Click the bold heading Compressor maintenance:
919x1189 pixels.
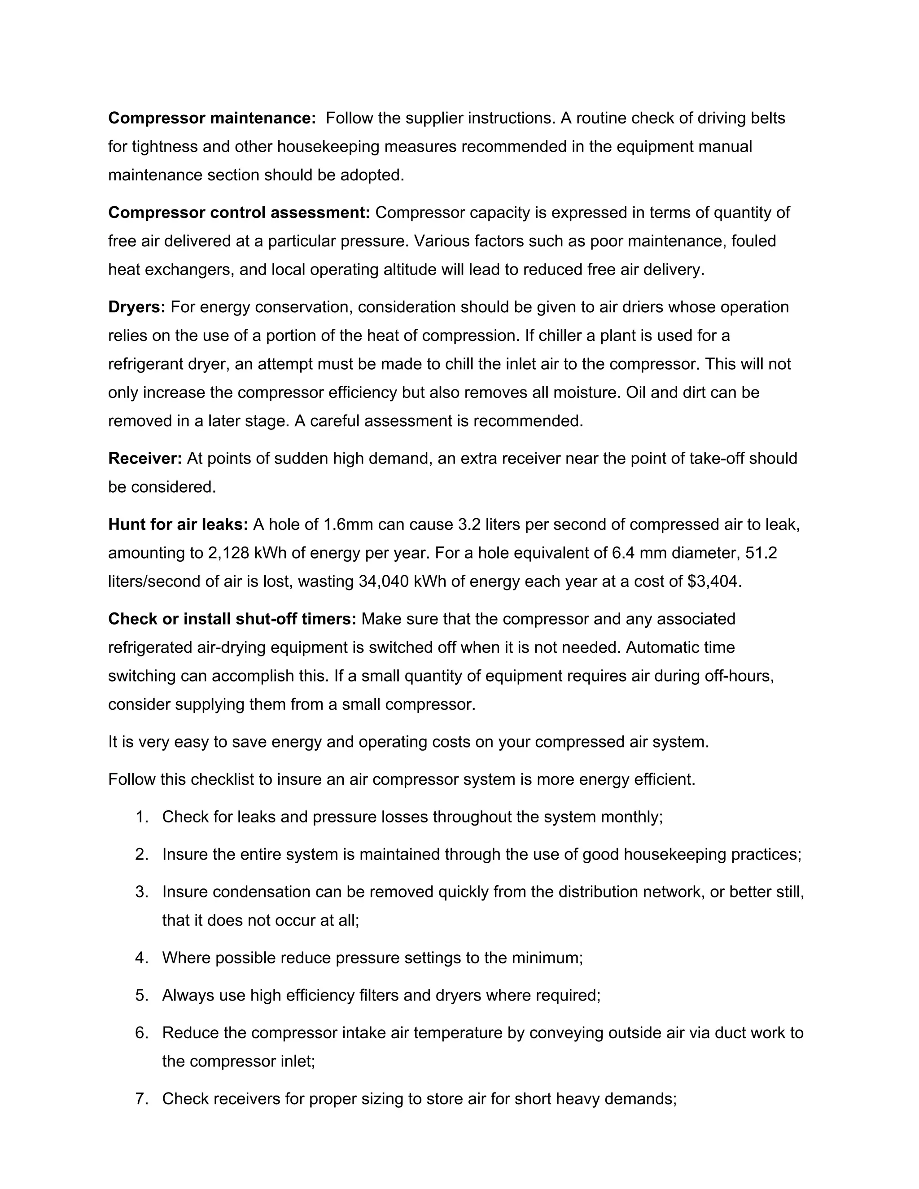pyautogui.click(x=212, y=118)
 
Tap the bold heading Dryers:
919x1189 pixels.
pyautogui.click(x=137, y=307)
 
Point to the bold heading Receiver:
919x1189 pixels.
pyautogui.click(x=145, y=459)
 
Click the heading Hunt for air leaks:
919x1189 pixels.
pyautogui.click(x=178, y=524)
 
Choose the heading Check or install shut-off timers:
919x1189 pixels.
pyautogui.click(x=232, y=619)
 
